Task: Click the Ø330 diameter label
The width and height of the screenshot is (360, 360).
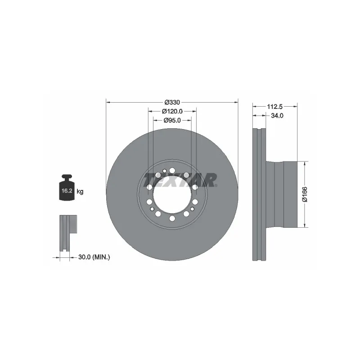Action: [x=172, y=102]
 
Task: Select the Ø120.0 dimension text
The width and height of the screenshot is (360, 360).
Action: [x=172, y=111]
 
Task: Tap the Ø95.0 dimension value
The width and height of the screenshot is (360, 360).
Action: [x=172, y=120]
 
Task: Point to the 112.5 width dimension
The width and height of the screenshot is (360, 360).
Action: [x=274, y=107]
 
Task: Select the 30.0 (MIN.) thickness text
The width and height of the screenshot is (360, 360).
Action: [x=94, y=257]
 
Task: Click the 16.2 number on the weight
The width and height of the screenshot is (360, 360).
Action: [x=67, y=191]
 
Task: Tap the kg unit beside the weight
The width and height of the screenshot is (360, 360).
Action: [x=80, y=191]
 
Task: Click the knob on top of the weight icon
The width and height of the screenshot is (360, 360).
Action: [x=67, y=177]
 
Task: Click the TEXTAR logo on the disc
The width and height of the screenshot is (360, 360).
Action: [x=180, y=180]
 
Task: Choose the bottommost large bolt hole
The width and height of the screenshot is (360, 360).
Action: [x=172, y=219]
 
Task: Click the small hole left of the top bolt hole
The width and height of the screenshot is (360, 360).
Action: [x=165, y=171]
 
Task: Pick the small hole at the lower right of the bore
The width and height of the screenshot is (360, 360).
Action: [x=192, y=209]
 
